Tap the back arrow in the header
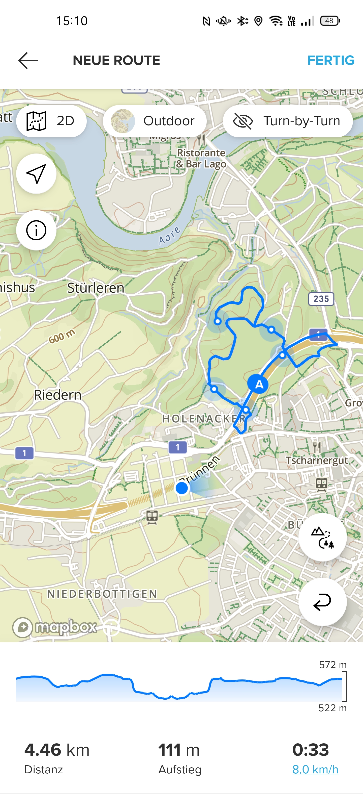(x=28, y=61)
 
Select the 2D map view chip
(x=51, y=121)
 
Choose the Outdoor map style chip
(x=155, y=121)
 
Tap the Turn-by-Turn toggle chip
(x=287, y=121)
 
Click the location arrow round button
(x=36, y=174)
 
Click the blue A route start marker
(x=258, y=384)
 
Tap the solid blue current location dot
(x=182, y=488)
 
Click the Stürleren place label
(x=96, y=288)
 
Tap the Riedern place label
(x=58, y=395)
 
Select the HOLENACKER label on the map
(x=203, y=419)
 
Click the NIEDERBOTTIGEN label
(x=102, y=594)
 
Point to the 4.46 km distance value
(x=57, y=750)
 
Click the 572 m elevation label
(x=332, y=665)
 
